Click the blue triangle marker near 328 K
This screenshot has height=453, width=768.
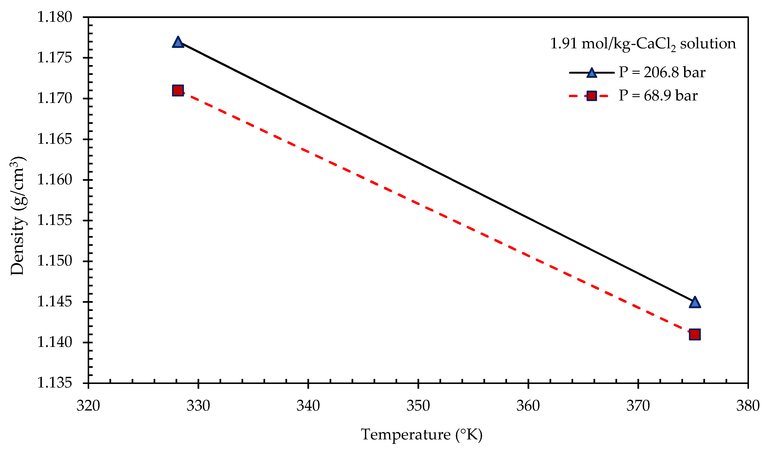pyautogui.click(x=178, y=42)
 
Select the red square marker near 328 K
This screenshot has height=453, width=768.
pyautogui.click(x=178, y=91)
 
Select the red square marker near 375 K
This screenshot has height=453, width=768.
pyautogui.click(x=695, y=335)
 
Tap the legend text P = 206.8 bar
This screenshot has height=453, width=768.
pyautogui.click(x=662, y=73)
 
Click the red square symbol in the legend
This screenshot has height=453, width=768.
pyautogui.click(x=592, y=96)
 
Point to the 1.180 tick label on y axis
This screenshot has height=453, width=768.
pyautogui.click(x=55, y=17)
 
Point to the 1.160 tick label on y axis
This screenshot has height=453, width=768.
pyautogui.click(x=55, y=180)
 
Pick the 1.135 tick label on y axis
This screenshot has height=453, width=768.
pyautogui.click(x=55, y=383)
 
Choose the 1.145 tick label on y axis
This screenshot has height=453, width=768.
pyautogui.click(x=55, y=302)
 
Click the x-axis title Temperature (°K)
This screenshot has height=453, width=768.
pyautogui.click(x=421, y=435)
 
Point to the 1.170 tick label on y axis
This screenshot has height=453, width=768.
pyautogui.click(x=55, y=98)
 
